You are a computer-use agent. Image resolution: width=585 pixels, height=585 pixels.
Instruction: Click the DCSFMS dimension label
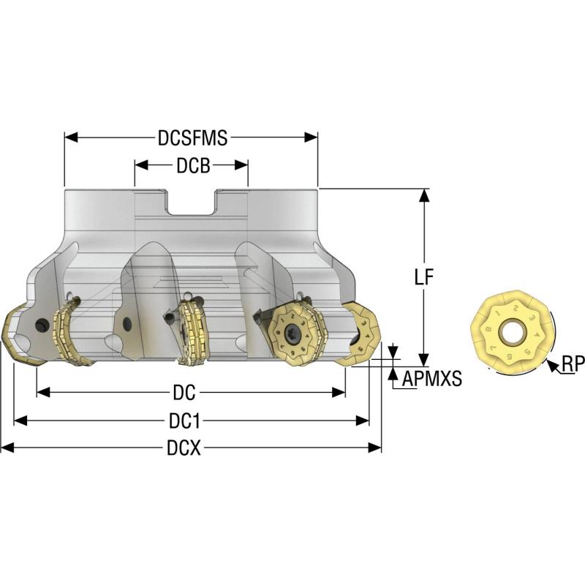pos(192,137)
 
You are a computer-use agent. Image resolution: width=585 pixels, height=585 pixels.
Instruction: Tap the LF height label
pos(424,277)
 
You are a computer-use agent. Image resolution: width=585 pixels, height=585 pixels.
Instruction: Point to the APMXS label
pos(431,380)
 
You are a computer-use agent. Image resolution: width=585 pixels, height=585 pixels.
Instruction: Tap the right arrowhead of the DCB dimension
pos(243,166)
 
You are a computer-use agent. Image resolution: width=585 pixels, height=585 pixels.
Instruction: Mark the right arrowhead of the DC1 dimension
pos(363,420)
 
